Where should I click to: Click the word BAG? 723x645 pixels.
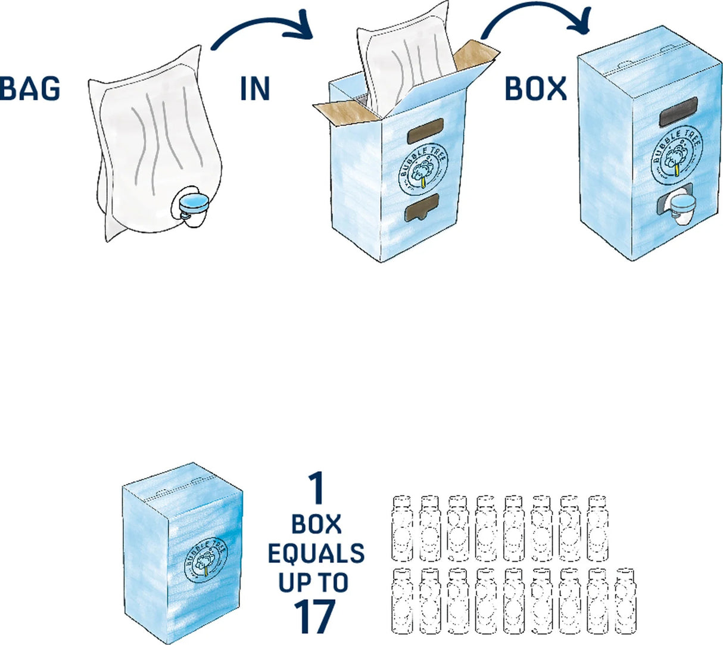[30, 88]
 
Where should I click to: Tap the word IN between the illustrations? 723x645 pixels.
[255, 88]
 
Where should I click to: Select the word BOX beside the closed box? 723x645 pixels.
[535, 88]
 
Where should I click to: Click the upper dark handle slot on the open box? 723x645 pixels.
[425, 132]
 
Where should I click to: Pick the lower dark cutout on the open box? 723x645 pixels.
[422, 208]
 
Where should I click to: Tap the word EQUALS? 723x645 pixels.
[316, 553]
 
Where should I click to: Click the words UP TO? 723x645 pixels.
[314, 582]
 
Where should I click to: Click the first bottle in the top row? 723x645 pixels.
[402, 528]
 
